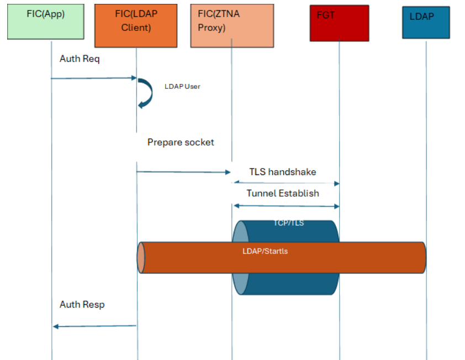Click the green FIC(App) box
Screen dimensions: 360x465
[x=46, y=22]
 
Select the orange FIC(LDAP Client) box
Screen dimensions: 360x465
[x=136, y=25]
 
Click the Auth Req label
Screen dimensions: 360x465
[x=80, y=59]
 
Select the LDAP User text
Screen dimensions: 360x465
[x=182, y=86]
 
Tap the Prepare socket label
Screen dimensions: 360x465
[x=181, y=142]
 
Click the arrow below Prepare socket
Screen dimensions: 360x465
[x=183, y=172]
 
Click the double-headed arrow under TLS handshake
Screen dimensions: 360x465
[x=286, y=182]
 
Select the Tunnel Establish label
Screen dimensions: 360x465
[x=283, y=193]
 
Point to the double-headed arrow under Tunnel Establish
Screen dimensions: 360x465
[x=286, y=206]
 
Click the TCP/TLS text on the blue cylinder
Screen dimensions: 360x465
[x=289, y=223]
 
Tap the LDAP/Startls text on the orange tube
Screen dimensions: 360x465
[x=265, y=251]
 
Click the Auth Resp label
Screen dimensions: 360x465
[x=82, y=304]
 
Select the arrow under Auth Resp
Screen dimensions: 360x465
[x=94, y=326]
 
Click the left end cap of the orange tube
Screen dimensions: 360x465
[x=141, y=257]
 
